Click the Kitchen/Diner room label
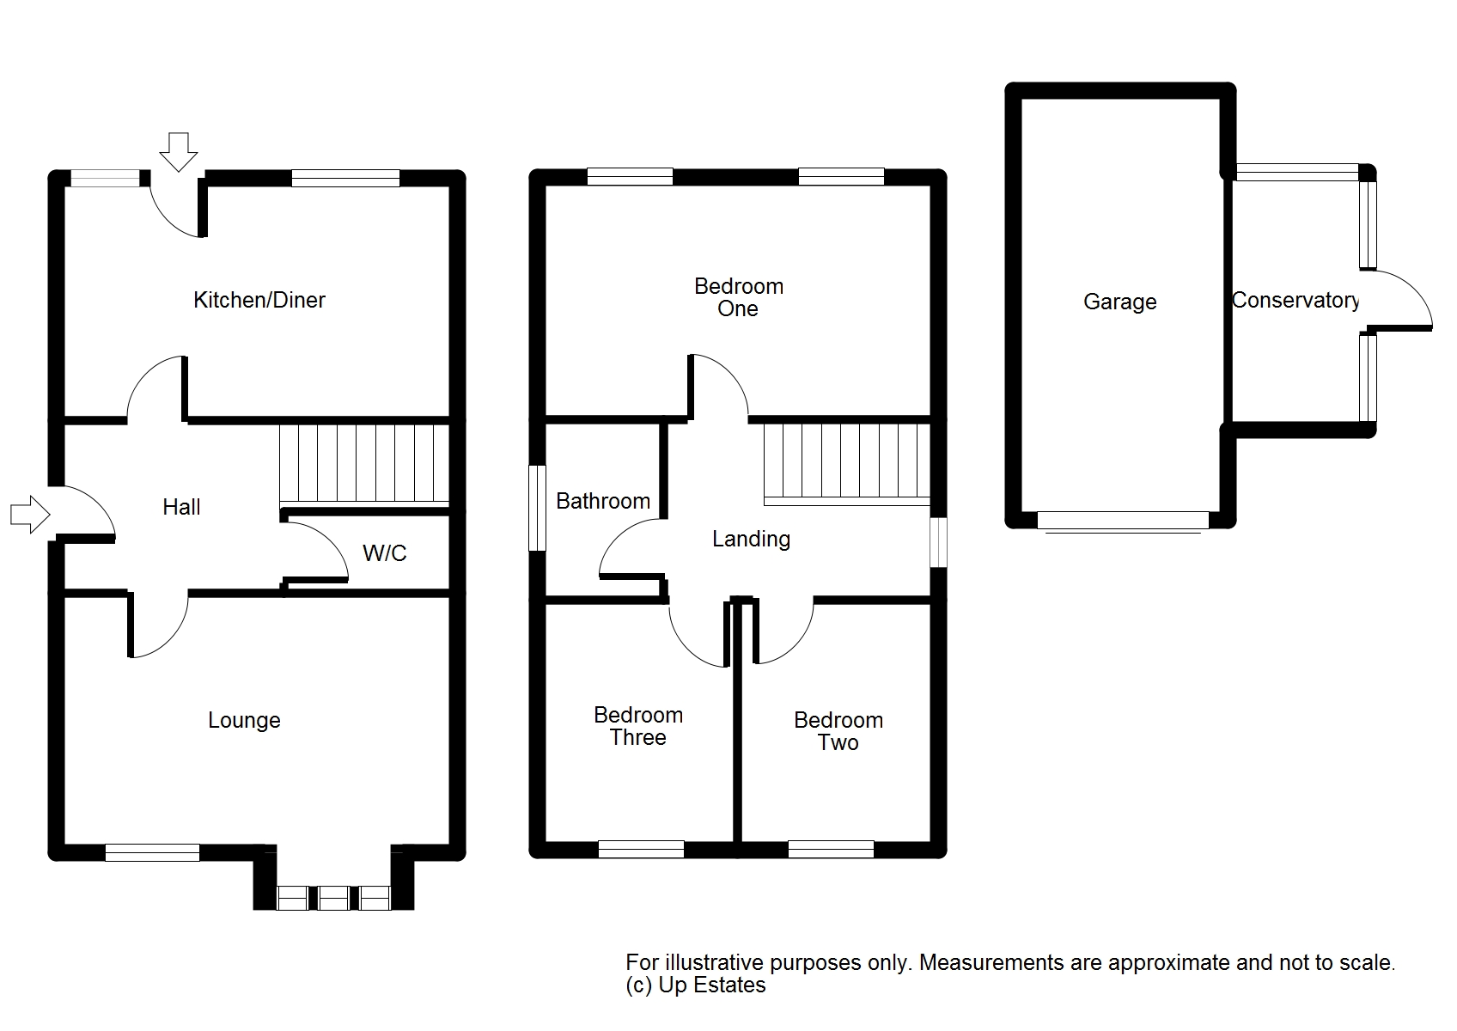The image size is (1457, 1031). pyautogui.click(x=259, y=300)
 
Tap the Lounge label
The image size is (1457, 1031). pyautogui.click(x=244, y=720)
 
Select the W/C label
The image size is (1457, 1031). pyautogui.click(x=384, y=553)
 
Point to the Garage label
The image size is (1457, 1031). pyautogui.click(x=1119, y=302)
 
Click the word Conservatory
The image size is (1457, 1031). pyautogui.click(x=1295, y=300)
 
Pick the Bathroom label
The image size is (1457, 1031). pyautogui.click(x=603, y=501)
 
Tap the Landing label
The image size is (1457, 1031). pyautogui.click(x=751, y=539)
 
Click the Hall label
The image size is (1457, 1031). pyautogui.click(x=181, y=507)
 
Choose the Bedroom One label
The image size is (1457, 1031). pyautogui.click(x=738, y=296)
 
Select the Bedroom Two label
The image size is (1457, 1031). pyautogui.click(x=838, y=731)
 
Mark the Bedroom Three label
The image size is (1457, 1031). pyautogui.click(x=638, y=726)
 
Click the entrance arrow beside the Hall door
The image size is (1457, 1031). pyautogui.click(x=30, y=515)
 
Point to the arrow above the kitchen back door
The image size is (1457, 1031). pyautogui.click(x=178, y=152)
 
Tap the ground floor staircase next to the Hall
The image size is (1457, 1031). pyautogui.click(x=364, y=466)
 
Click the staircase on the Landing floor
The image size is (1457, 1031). pyautogui.click(x=846, y=465)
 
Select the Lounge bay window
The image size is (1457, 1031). pyautogui.click(x=333, y=898)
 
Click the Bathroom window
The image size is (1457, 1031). pyautogui.click(x=537, y=508)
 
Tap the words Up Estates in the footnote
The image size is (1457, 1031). pyautogui.click(x=712, y=985)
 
